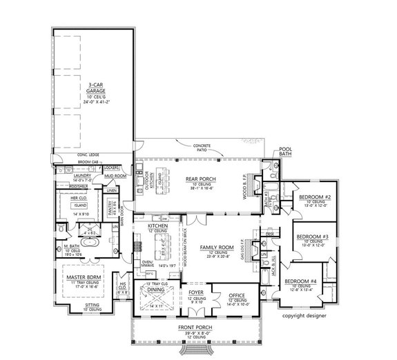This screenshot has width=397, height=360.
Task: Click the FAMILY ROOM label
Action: pos(213,246)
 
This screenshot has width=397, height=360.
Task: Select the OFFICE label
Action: pos(237,294)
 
